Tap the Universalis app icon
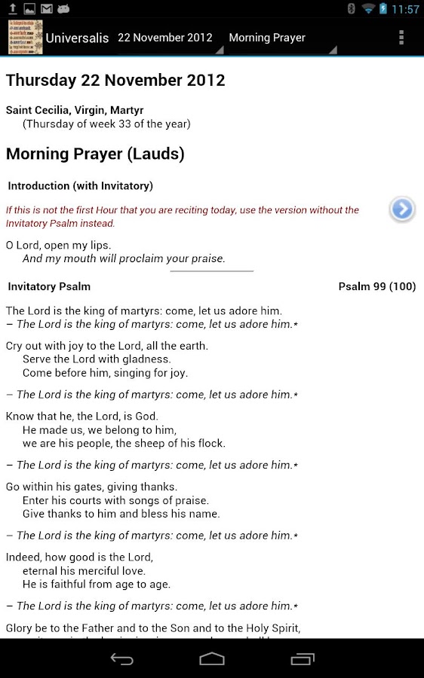coord(25,37)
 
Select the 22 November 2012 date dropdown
coord(165,38)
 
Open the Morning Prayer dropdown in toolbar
coord(267,38)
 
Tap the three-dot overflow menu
coord(401,37)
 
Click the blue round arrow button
coord(402,209)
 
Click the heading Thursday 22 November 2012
coord(115,80)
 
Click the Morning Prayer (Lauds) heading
coord(95,154)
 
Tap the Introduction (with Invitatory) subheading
coord(80,185)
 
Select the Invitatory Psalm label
coord(49,286)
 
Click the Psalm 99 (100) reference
coord(376,286)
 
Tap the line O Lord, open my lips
coord(58,245)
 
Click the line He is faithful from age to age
coord(97,584)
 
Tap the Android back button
coord(122,659)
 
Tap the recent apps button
coord(303,659)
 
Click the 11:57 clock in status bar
coord(406,9)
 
